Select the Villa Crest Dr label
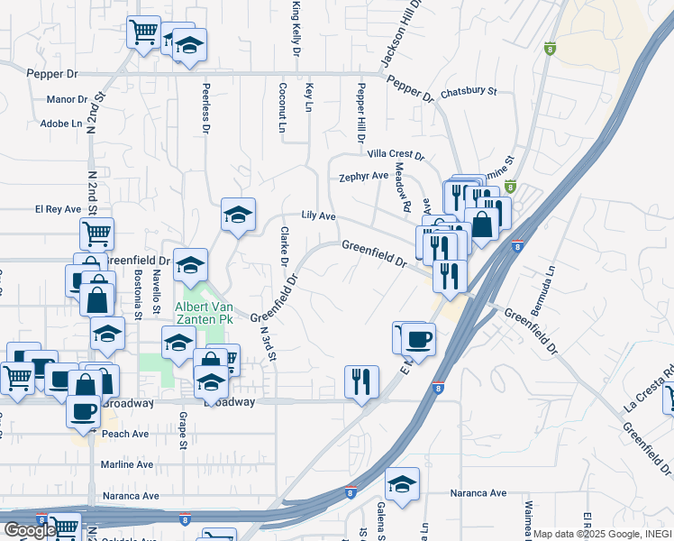click(x=390, y=155)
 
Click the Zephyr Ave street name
click(x=363, y=177)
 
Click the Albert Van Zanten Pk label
click(x=204, y=313)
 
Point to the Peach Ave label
click(x=125, y=434)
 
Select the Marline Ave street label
click(x=127, y=464)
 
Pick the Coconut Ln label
click(x=283, y=109)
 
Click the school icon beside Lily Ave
click(x=238, y=215)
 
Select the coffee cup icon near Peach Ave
click(x=84, y=410)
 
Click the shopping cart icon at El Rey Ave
click(x=96, y=234)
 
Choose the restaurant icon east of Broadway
click(x=361, y=381)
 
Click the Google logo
click(x=30, y=530)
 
